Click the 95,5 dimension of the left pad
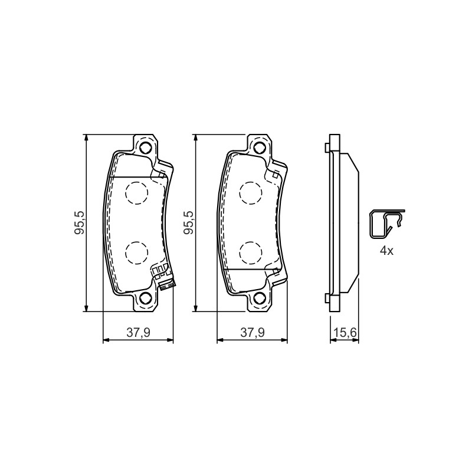pyautogui.click(x=80, y=223)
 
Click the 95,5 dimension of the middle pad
pyautogui.click(x=189, y=223)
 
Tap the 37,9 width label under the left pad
pyautogui.click(x=138, y=333)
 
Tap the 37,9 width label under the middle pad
pyautogui.click(x=253, y=333)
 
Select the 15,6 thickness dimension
pyautogui.click(x=345, y=333)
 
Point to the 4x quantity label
pyautogui.click(x=386, y=251)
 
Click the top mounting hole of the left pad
pyautogui.click(x=145, y=147)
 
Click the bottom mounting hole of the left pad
pyautogui.click(x=145, y=298)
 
